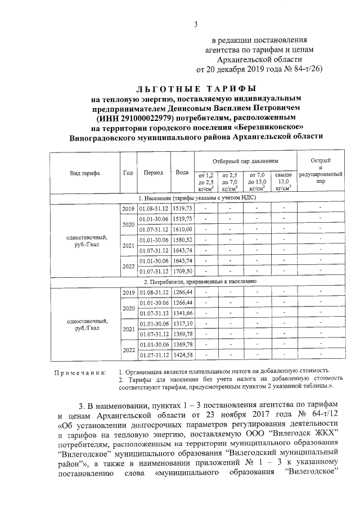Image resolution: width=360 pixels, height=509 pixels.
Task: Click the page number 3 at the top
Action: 196,23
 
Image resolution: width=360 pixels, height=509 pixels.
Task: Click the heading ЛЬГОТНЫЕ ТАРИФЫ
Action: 196,89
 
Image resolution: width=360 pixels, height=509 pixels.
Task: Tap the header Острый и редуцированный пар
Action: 320,172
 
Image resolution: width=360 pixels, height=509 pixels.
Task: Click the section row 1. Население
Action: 195,199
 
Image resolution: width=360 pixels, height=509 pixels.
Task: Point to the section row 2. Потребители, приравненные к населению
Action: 200,281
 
